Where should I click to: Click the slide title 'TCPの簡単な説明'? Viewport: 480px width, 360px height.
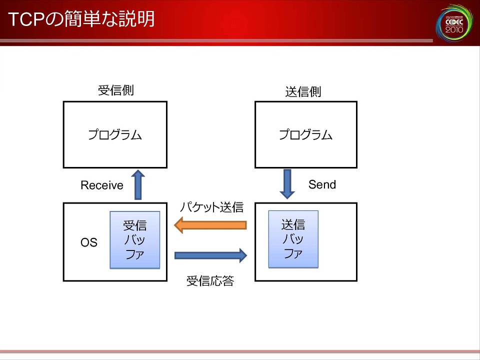[x=81, y=19]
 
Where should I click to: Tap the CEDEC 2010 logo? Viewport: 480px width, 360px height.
[x=453, y=22]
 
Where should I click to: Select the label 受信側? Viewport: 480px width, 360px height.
[x=115, y=90]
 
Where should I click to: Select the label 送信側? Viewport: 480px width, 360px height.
[x=303, y=92]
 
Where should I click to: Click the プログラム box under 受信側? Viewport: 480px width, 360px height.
[x=115, y=134]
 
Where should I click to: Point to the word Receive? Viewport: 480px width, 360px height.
[x=102, y=185]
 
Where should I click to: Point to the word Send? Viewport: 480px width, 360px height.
[x=322, y=184]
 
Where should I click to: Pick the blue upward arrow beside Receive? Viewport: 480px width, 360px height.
[x=138, y=184]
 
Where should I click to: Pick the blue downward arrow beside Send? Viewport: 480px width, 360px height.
[x=287, y=183]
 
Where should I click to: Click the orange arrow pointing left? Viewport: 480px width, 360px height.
[x=210, y=225]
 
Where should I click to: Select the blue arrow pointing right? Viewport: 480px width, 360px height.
[x=210, y=255]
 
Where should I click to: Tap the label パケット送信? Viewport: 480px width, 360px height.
[x=211, y=207]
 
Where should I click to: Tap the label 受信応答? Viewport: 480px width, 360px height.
[x=210, y=281]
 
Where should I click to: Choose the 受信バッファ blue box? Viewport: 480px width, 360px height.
[x=135, y=239]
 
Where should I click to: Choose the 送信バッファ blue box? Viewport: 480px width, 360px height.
[x=293, y=239]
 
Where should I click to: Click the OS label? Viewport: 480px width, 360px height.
[x=89, y=243]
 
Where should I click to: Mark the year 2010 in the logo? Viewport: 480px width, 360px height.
[x=453, y=30]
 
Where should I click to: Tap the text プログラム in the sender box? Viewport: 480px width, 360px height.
[x=306, y=134]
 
